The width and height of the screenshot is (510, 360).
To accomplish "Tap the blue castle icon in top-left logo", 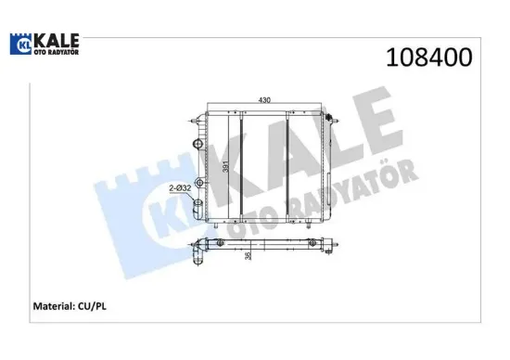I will tap(22, 47).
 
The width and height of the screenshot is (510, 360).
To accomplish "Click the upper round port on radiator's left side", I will tap(195, 143).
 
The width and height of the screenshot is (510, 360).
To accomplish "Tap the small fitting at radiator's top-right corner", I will tap(330, 116).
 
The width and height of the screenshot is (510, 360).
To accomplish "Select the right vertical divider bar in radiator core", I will tap(291, 167).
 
